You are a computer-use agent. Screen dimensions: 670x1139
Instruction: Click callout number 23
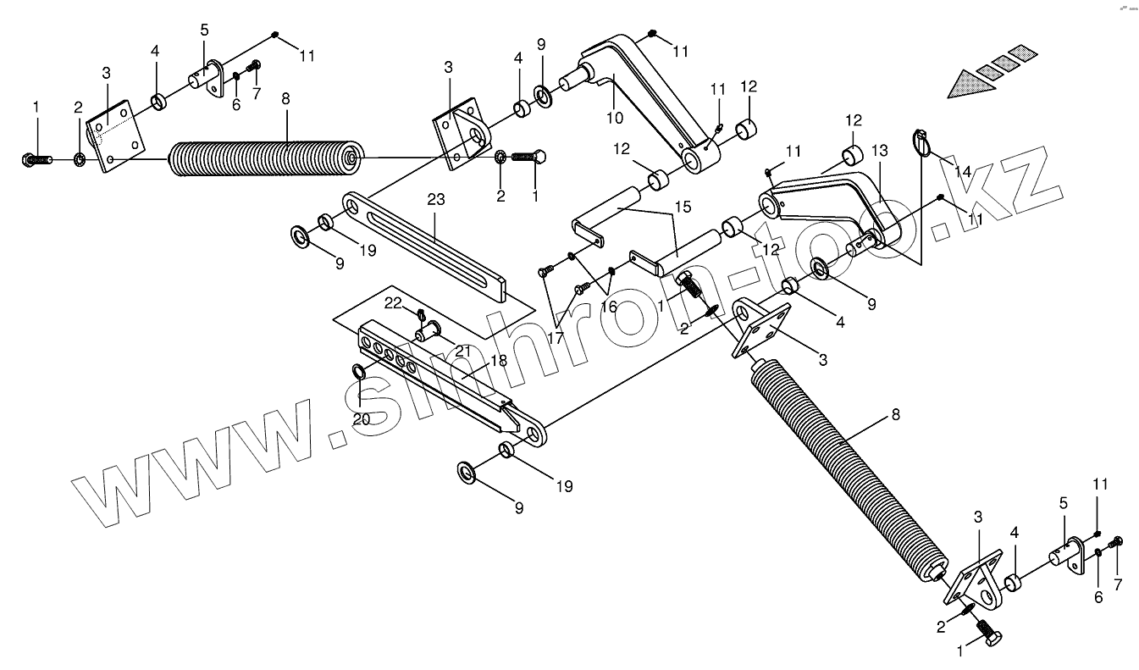435,201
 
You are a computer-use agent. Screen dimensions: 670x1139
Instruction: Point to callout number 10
614,117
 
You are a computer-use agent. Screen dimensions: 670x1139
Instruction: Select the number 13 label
879,152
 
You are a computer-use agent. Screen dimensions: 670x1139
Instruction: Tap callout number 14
962,172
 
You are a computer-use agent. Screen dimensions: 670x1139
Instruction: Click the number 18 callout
499,361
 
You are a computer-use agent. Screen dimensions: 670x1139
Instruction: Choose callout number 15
683,206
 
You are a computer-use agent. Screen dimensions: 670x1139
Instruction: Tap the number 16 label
609,307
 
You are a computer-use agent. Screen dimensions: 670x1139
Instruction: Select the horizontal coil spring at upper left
263,158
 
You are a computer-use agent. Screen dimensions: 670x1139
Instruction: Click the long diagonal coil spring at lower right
847,474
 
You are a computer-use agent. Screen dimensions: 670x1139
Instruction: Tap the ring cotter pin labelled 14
922,143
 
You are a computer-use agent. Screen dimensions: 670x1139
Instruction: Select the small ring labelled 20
359,371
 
